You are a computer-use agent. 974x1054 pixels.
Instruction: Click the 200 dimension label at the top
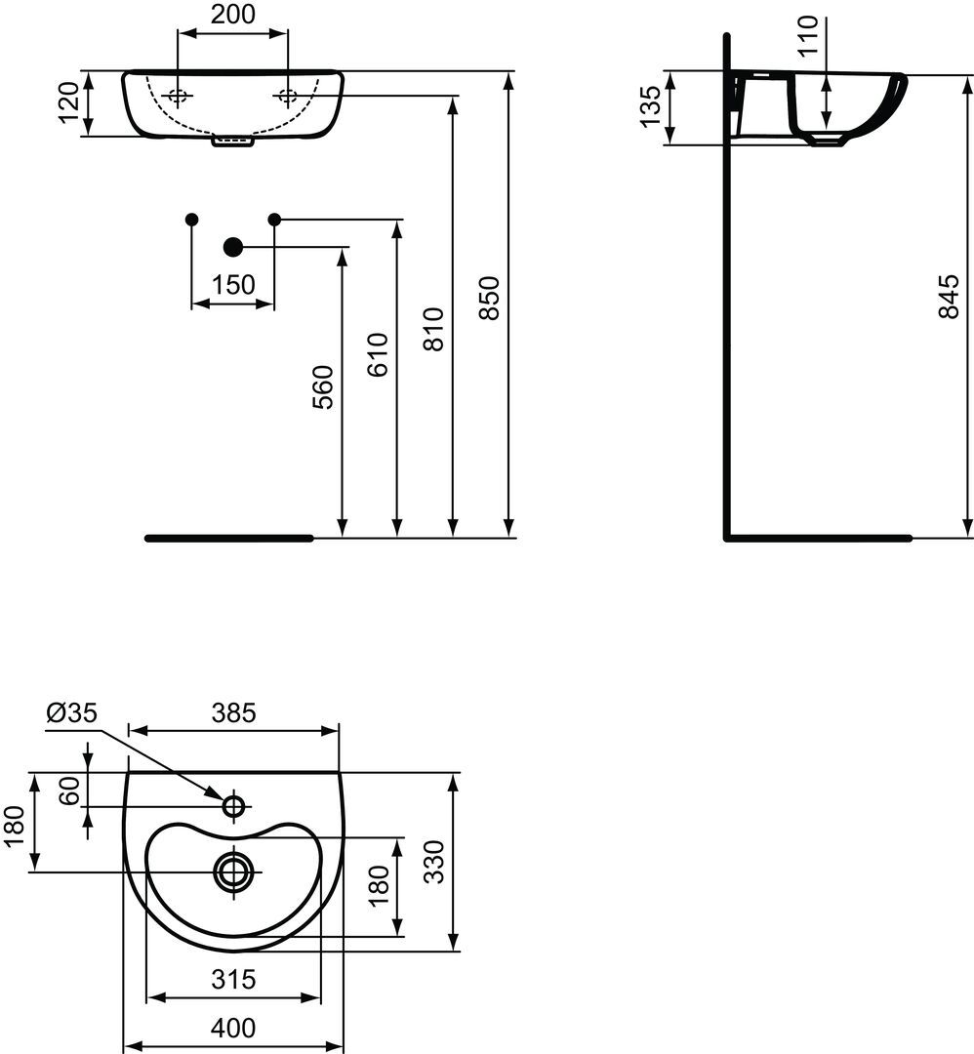(233, 14)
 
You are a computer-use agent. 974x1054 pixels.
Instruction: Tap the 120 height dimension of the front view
(69, 102)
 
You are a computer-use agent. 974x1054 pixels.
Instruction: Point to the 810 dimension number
(435, 329)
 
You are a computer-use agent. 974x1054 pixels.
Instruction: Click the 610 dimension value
(379, 354)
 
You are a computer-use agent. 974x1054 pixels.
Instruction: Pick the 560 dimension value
(323, 386)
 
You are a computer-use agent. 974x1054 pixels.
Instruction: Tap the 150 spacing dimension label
(233, 285)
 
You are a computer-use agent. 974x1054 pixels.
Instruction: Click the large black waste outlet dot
(233, 247)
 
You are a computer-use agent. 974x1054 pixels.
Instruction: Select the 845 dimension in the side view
(949, 296)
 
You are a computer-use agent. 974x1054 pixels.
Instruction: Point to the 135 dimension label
(650, 107)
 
